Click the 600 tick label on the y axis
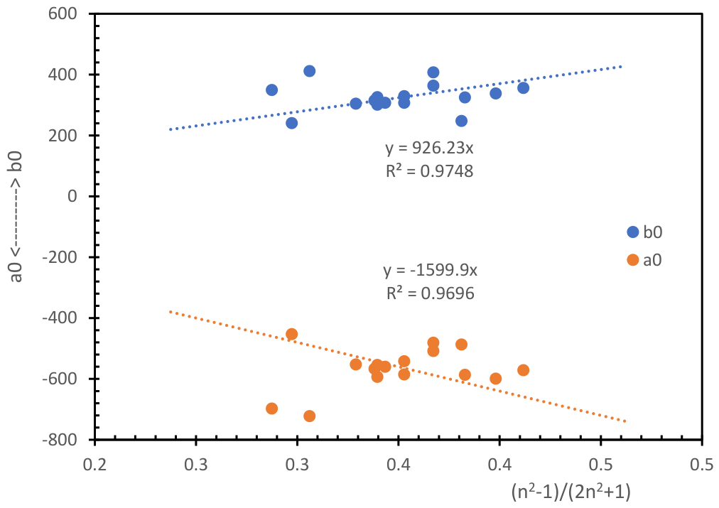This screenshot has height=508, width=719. coord(66,14)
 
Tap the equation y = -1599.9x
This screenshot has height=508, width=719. coord(431,271)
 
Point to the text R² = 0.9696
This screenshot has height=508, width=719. coord(431,292)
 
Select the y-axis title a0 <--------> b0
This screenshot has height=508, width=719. coord(17,227)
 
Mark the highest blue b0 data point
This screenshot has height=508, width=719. coord(309,71)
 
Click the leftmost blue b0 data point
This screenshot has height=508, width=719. coord(271,90)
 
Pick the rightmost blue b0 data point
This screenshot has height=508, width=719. coord(523,88)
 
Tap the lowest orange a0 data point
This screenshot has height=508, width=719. coord(309,416)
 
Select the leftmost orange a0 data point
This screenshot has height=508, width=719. coord(271,409)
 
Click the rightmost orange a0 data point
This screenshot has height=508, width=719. coord(523,370)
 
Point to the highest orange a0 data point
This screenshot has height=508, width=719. coord(291,334)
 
